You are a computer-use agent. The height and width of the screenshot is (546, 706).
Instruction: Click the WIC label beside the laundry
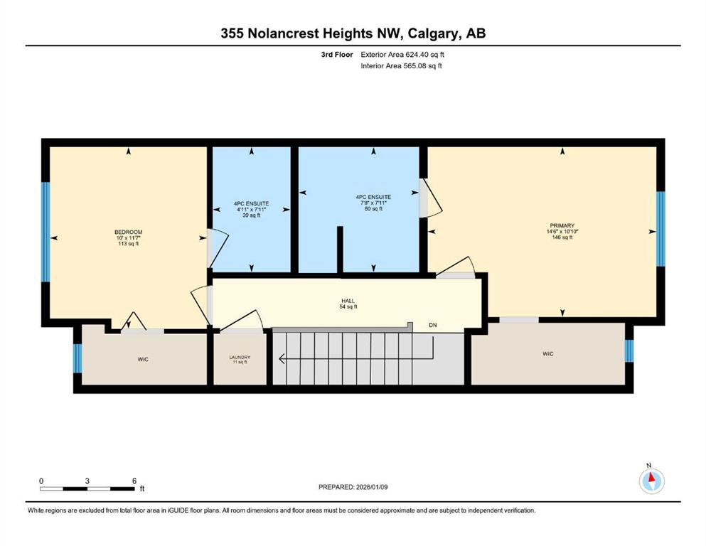pos(143,359)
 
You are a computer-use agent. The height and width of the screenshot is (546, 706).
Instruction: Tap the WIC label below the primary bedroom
pos(548,354)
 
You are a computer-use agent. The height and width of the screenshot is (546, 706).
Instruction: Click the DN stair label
pos(433,325)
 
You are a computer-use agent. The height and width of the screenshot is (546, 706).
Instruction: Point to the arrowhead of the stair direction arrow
pos(281,359)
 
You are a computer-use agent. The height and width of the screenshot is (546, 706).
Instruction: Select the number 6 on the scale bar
pos(134,481)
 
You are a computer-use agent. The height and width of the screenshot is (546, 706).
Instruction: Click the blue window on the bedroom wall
pos(46,232)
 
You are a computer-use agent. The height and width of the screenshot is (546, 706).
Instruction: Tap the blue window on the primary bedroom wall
pos(660,229)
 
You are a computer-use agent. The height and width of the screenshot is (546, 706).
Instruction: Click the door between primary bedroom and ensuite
pos(430,198)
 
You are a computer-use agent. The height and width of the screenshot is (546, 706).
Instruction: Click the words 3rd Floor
pos(337,55)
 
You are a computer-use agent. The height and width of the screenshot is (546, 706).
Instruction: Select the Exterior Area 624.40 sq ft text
pos(402,55)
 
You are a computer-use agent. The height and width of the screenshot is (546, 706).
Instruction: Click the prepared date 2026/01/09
pos(372,487)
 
